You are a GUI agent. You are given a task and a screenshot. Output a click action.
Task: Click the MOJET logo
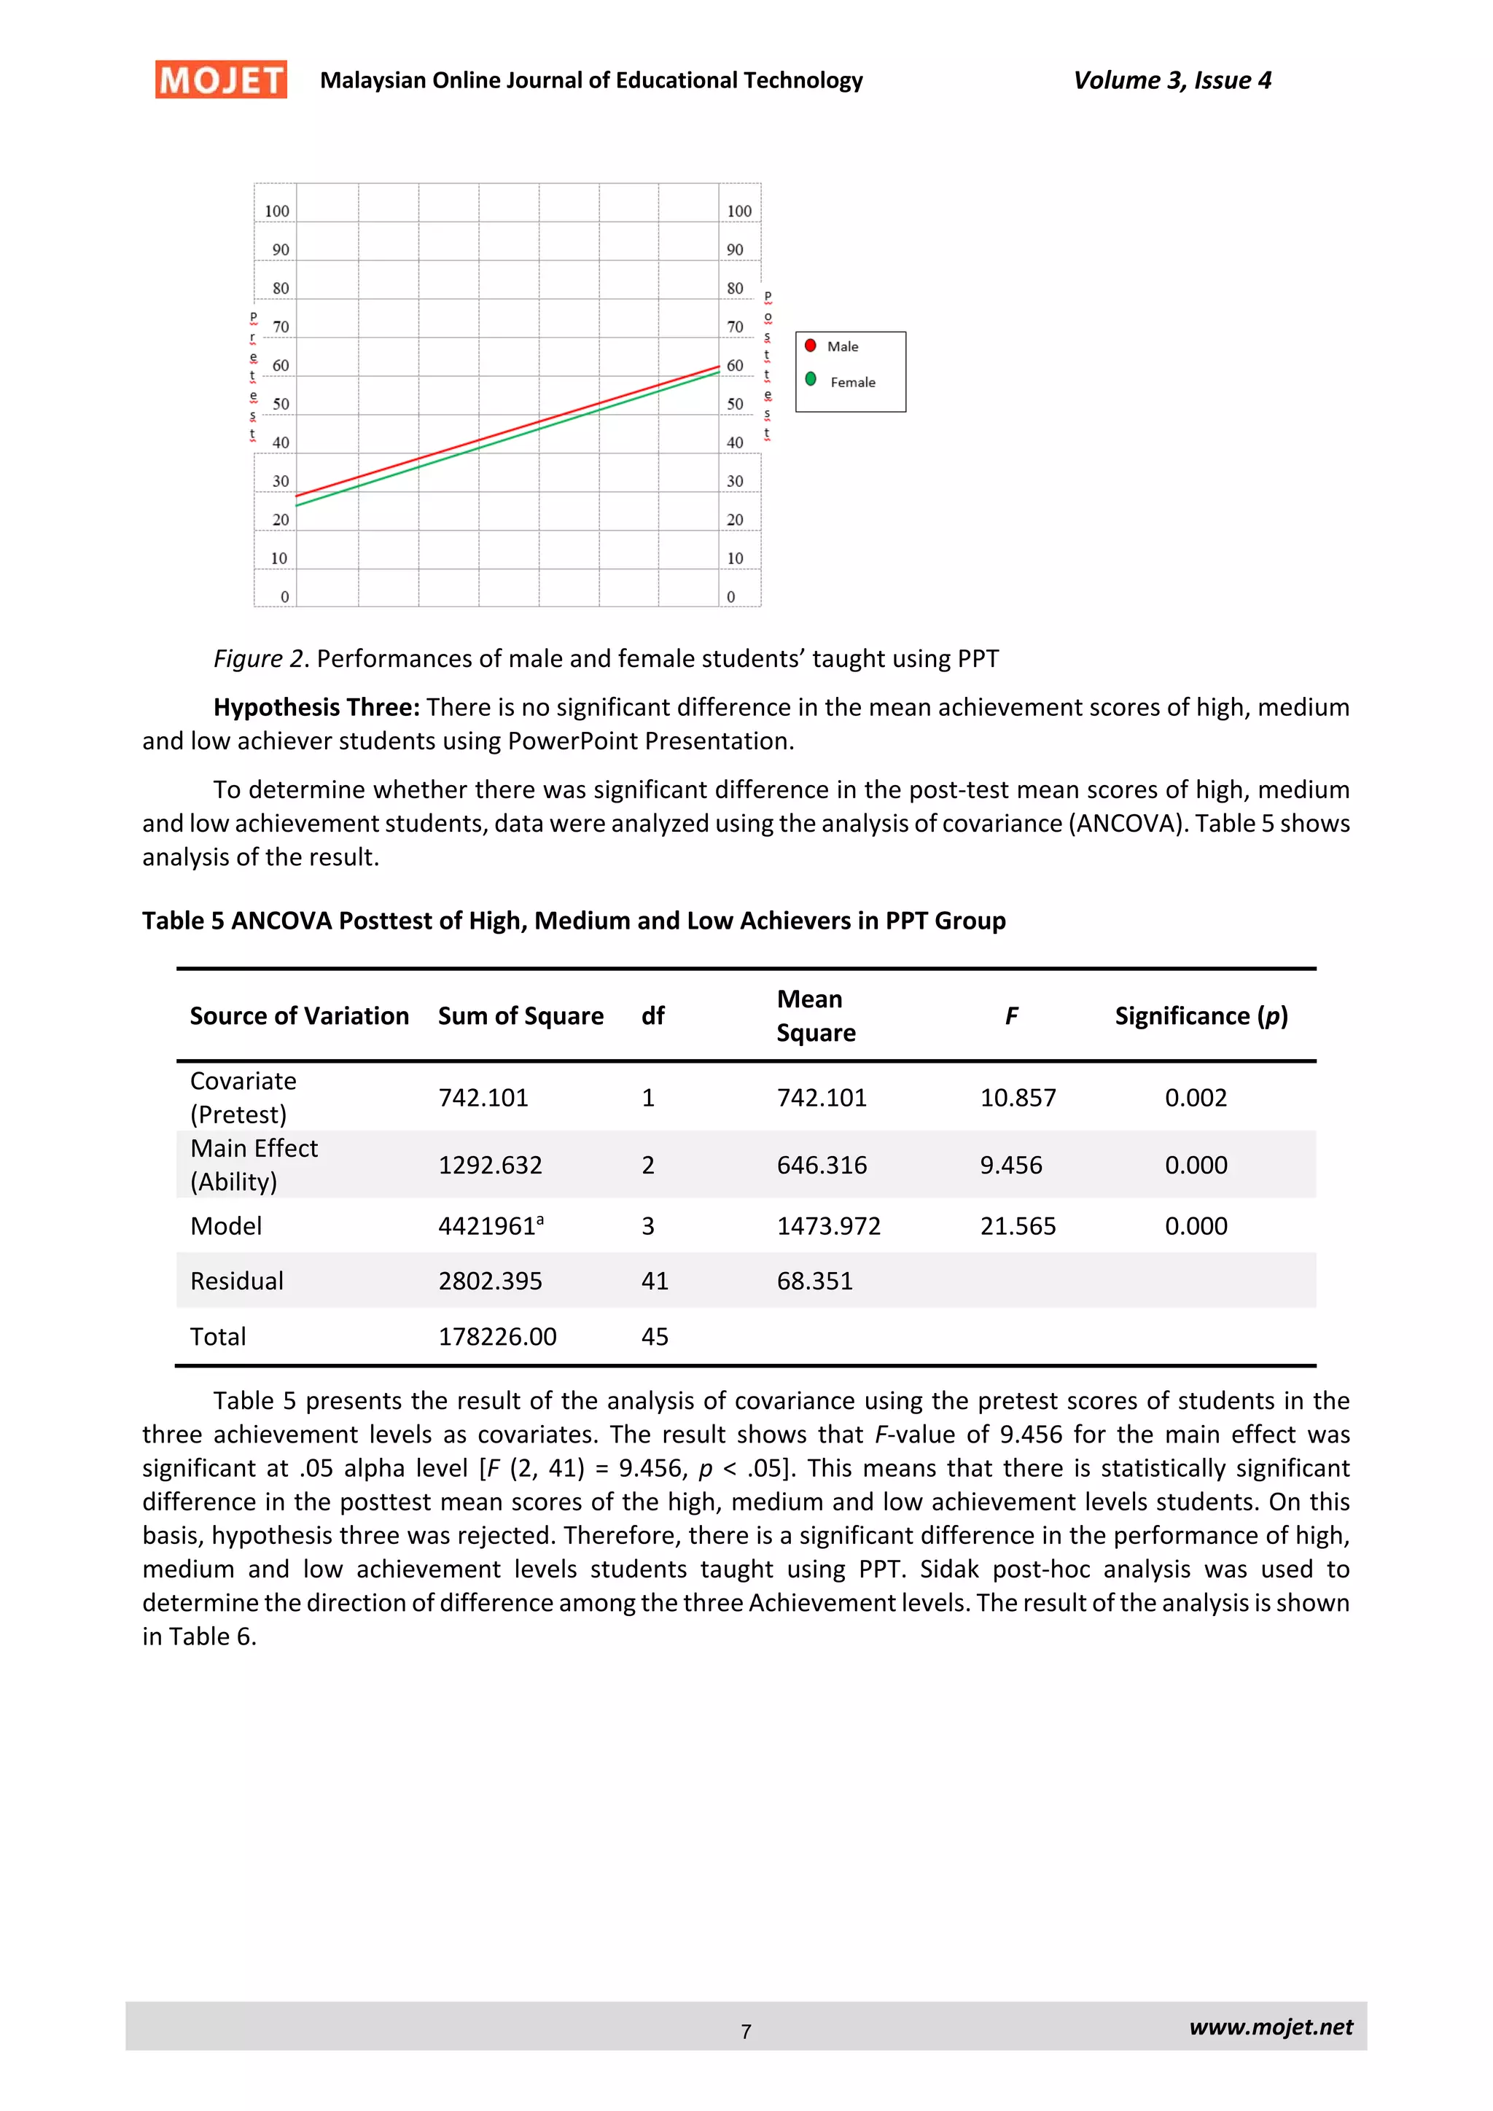[x=221, y=80]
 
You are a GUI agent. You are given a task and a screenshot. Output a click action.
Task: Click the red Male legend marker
[x=810, y=346]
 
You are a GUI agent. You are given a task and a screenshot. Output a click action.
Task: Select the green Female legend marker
[x=810, y=379]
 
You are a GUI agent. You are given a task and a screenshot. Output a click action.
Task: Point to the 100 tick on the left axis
[x=277, y=211]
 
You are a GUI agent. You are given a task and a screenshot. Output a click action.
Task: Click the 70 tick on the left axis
[x=281, y=327]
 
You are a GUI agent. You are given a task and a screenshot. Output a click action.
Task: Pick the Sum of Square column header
[x=521, y=1016]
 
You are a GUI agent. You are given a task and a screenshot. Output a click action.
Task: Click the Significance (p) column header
[x=1201, y=1016]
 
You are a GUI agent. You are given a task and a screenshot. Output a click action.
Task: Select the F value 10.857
[x=1018, y=1098]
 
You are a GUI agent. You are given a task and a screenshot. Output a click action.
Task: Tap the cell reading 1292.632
[x=490, y=1165]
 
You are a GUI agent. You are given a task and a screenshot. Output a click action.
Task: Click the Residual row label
[x=236, y=1281]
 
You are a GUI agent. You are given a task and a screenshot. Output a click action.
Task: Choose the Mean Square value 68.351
[x=814, y=1281]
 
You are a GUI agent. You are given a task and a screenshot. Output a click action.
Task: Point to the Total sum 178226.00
[x=497, y=1337]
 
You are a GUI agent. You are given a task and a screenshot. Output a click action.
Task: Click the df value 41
[x=655, y=1281]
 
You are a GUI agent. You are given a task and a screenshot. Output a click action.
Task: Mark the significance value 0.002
[x=1195, y=1098]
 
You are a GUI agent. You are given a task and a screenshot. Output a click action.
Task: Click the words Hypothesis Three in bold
[x=316, y=707]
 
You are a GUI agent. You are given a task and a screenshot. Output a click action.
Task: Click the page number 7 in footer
[x=746, y=2031]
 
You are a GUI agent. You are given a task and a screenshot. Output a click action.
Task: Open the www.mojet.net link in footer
[x=1271, y=2027]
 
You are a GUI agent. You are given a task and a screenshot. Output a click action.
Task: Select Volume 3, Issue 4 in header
[x=1172, y=81]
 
